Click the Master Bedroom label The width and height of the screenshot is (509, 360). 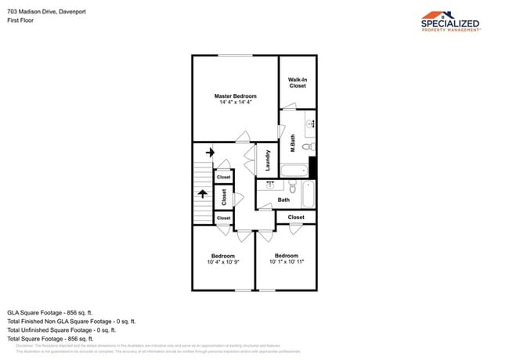tap(236, 96)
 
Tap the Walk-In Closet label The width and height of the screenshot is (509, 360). tap(298, 82)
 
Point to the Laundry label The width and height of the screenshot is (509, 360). tap(267, 160)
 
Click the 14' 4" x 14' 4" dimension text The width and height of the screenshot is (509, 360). tap(236, 103)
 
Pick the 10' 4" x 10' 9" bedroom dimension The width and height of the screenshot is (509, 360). tap(222, 262)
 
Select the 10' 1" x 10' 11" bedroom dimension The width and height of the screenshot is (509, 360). tap(287, 262)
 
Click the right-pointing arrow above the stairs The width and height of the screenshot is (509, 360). tap(209, 152)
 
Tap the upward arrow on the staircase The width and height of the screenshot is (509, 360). tap(203, 193)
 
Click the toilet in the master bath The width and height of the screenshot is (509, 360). tap(309, 146)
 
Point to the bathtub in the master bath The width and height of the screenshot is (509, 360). tap(296, 170)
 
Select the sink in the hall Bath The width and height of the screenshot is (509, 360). tap(271, 185)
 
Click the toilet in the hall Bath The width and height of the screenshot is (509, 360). tap(292, 188)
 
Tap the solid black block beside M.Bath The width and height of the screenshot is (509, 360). tap(312, 167)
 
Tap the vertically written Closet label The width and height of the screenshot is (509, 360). tap(224, 197)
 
